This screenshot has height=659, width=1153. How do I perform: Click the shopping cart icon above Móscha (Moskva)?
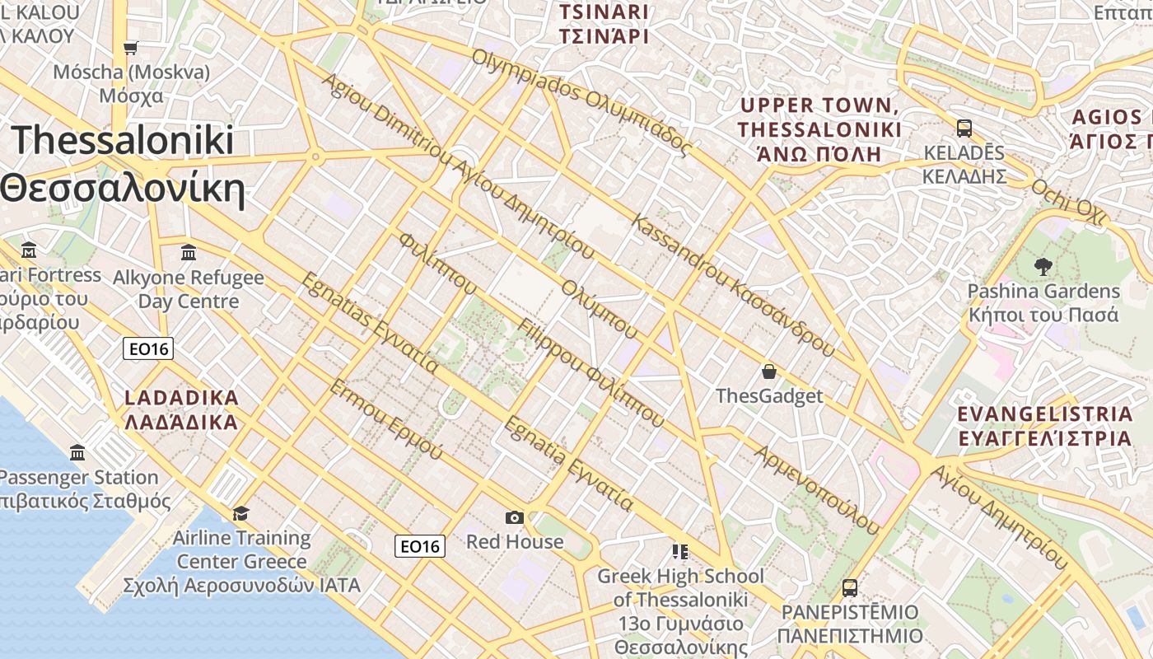(130, 48)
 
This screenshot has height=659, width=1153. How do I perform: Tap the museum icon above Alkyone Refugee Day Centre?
(189, 252)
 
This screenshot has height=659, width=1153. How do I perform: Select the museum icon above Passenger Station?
(77, 452)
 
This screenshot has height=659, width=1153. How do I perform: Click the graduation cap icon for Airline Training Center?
(240, 513)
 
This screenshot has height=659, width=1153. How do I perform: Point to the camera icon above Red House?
(515, 517)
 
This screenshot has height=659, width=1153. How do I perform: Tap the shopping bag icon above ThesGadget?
(769, 372)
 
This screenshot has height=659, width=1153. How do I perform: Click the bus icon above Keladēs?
(964, 129)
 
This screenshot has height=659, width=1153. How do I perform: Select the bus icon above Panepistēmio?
(850, 588)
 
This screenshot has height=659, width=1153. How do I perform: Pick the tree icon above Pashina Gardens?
(1043, 267)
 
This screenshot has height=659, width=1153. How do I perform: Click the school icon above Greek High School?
(680, 551)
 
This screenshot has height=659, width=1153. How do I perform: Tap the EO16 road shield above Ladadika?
(148, 348)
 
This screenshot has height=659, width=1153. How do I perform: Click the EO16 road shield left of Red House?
(420, 545)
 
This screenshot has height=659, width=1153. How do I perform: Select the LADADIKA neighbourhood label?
(181, 410)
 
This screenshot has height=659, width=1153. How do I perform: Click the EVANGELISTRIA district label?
(1046, 426)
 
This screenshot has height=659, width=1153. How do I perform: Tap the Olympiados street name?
(581, 102)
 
